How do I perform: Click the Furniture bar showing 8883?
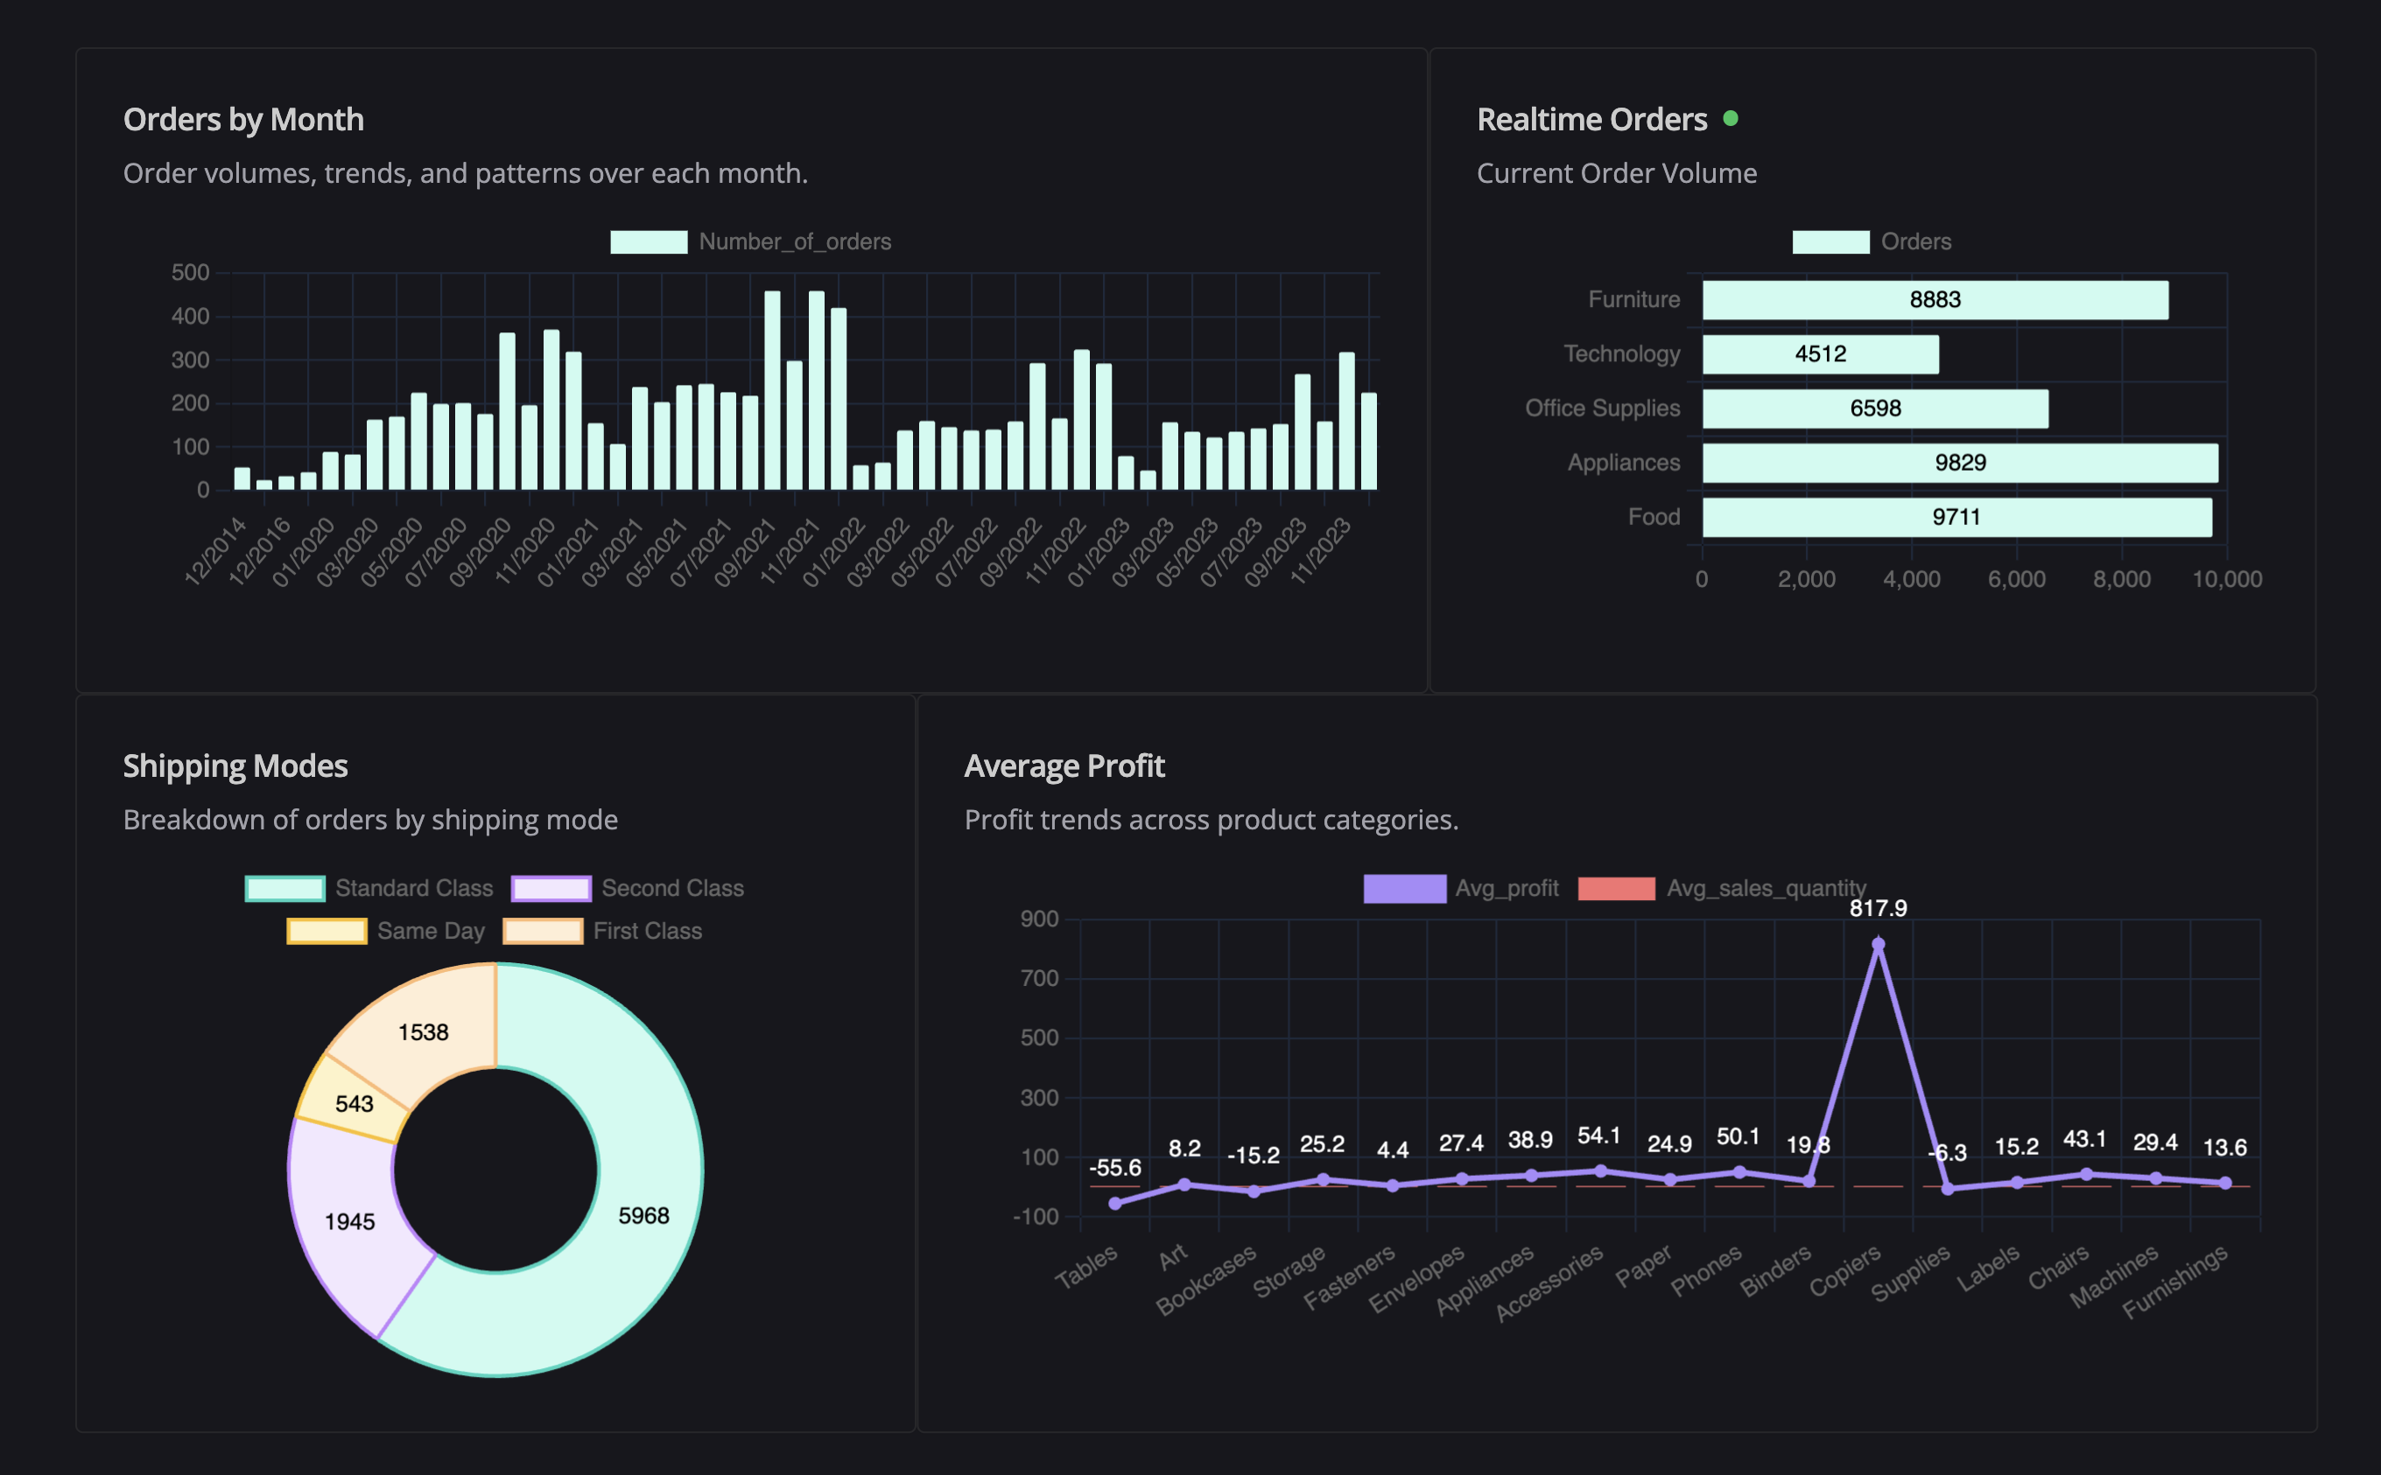1935,299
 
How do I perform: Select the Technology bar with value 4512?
1820,354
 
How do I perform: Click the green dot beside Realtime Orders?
1730,119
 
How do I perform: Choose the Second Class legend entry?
628,888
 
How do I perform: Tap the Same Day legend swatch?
327,931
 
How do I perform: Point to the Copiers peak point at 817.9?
1878,943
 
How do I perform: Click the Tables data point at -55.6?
1114,1204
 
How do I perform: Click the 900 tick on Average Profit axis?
1039,919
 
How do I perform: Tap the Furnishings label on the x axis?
2175,1282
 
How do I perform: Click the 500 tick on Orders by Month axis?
190,272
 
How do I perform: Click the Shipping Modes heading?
235,765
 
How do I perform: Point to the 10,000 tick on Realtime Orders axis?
2227,579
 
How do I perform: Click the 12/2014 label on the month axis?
215,552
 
